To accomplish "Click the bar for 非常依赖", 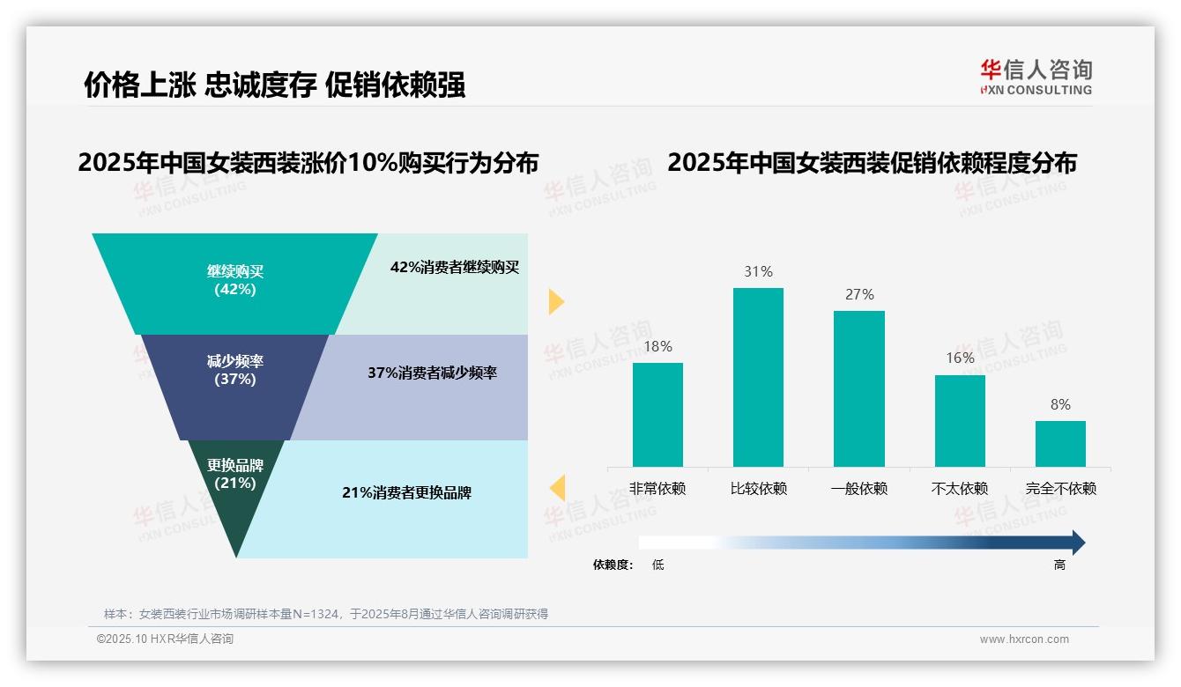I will click(657, 415).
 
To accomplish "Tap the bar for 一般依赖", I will click(858, 388).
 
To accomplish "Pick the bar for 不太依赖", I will click(960, 421).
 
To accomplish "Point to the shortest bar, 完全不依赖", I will click(1060, 444).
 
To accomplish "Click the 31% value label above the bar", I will click(758, 272).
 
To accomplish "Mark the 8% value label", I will click(1060, 405).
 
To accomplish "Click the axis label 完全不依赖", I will click(1060, 489).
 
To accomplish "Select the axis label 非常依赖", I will click(657, 489).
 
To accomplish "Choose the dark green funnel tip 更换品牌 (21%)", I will click(235, 493).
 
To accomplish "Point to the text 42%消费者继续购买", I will click(455, 268).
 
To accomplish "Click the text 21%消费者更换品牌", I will click(406, 493).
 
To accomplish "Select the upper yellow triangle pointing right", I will click(556, 301).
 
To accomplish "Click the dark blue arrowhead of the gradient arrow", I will click(1077, 543).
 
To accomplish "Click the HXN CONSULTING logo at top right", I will click(1036, 77).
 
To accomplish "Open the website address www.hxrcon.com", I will click(1024, 639).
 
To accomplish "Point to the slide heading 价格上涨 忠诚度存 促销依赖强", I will click(274, 85).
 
